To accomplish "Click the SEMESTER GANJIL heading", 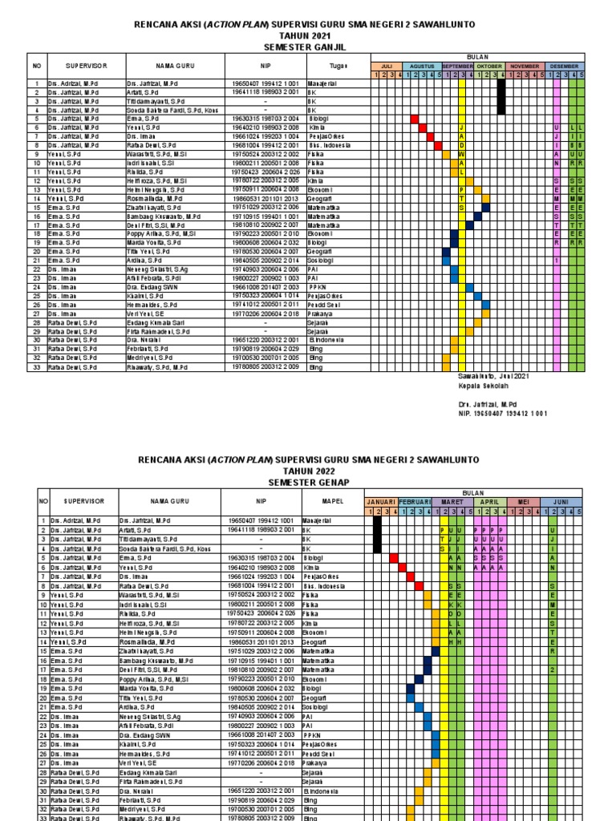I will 308,47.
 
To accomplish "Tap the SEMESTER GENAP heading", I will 308,482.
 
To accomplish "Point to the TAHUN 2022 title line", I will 308,471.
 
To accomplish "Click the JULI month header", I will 386,67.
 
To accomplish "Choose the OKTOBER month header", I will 489,67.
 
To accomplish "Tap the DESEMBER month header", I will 565,67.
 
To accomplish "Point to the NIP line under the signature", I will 491,414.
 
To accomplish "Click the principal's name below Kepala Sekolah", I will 479,406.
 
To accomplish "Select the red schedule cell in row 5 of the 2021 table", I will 415,119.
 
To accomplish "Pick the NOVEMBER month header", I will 525,67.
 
